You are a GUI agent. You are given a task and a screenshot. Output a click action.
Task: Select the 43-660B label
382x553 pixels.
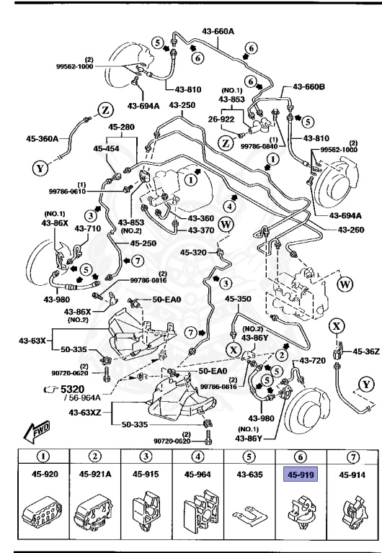[308, 86]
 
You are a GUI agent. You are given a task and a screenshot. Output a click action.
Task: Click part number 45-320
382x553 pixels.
[194, 252]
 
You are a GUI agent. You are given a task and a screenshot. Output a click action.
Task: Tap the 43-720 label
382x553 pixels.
[314, 360]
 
